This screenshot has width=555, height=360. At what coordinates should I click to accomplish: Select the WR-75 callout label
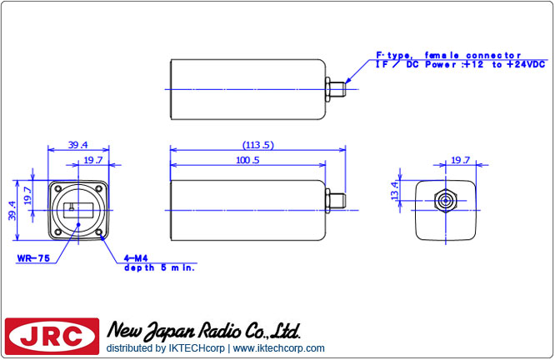[33, 259]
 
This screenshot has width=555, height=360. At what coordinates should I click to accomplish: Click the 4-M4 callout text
[136, 259]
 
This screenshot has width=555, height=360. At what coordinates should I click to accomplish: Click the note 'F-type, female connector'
[447, 54]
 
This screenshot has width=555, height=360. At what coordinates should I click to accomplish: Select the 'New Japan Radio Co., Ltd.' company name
[203, 330]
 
